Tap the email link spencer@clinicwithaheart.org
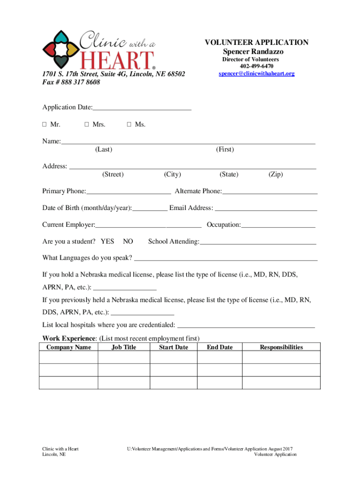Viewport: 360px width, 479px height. [x=256, y=74]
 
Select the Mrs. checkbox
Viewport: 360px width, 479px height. [x=87, y=125]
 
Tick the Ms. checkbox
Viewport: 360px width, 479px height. [x=129, y=125]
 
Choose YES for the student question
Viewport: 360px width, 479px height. [x=108, y=241]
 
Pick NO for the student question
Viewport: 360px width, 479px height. [x=128, y=241]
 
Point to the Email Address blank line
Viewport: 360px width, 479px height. [x=266, y=208]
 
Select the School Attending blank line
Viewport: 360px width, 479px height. [x=258, y=241]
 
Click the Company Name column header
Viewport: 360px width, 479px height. [x=69, y=347]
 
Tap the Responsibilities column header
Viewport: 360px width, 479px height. [x=281, y=347]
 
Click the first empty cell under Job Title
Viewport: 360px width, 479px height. [x=123, y=357]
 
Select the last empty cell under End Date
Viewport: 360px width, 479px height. [x=219, y=383]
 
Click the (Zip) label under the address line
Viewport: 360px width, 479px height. [x=275, y=174]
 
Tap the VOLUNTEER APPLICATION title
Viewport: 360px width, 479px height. [x=256, y=43]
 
